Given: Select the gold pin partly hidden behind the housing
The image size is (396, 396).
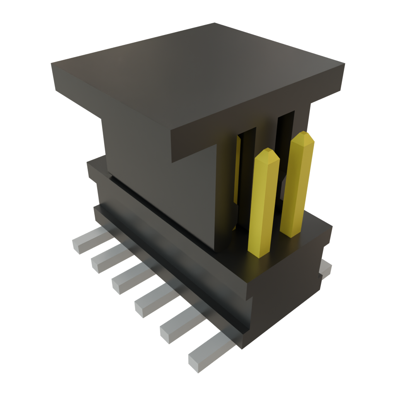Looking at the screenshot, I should click(237, 170).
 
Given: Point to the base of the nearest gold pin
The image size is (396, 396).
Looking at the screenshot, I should click(258, 251).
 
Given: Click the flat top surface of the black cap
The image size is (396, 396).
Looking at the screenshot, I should click(193, 73).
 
